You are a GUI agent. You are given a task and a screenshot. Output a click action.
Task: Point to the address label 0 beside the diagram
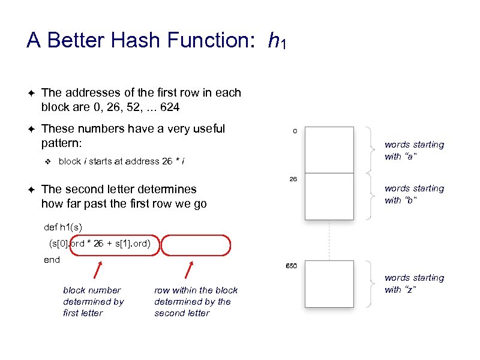pos(294,131)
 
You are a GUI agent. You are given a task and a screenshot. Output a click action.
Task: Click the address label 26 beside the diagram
pos(294,179)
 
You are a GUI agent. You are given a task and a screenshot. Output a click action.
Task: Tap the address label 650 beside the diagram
pos(292,265)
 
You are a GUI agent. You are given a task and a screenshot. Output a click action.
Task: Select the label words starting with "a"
pos(414,150)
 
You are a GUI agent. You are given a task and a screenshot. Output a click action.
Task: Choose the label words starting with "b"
pos(414,194)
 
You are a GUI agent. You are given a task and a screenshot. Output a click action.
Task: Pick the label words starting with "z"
pos(414,283)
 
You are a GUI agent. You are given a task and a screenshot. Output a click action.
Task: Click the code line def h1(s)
pos(63,227)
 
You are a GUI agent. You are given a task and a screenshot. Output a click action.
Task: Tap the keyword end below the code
pos(52,260)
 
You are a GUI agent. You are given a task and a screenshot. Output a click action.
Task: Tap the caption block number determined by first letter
pos(93,301)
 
